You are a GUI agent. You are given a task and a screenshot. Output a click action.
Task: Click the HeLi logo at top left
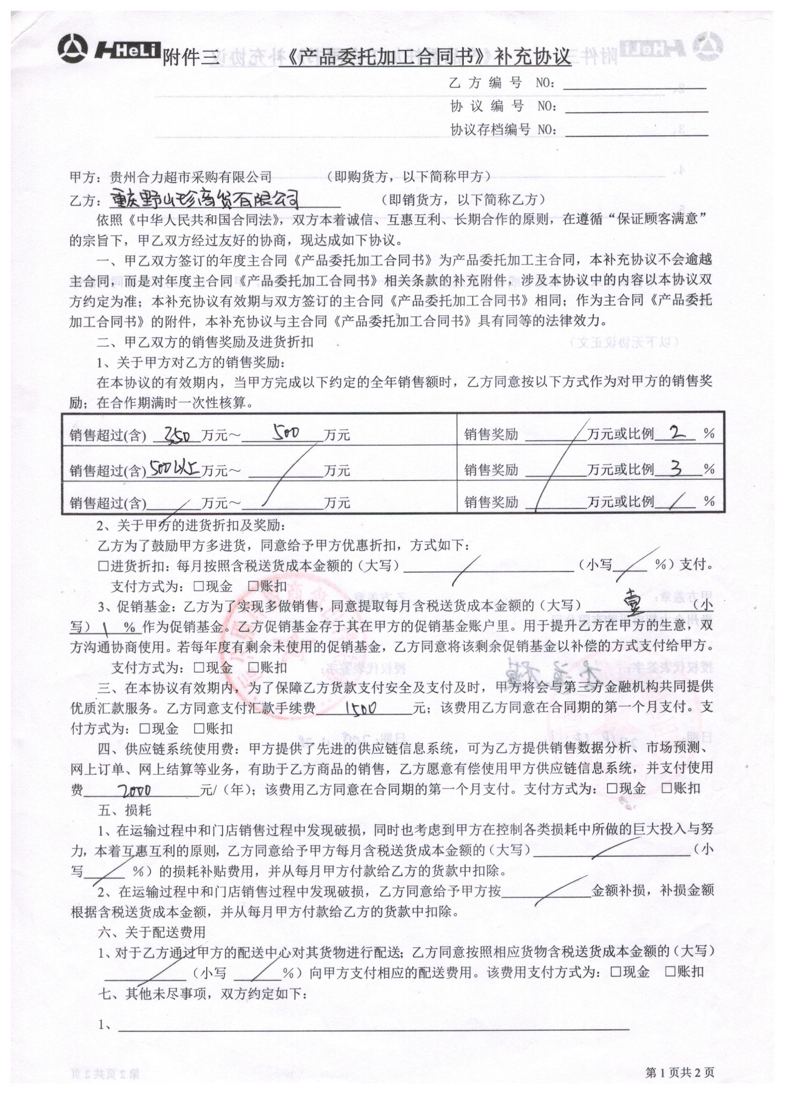click(x=109, y=49)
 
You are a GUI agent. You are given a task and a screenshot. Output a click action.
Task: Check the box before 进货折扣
click(x=103, y=566)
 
